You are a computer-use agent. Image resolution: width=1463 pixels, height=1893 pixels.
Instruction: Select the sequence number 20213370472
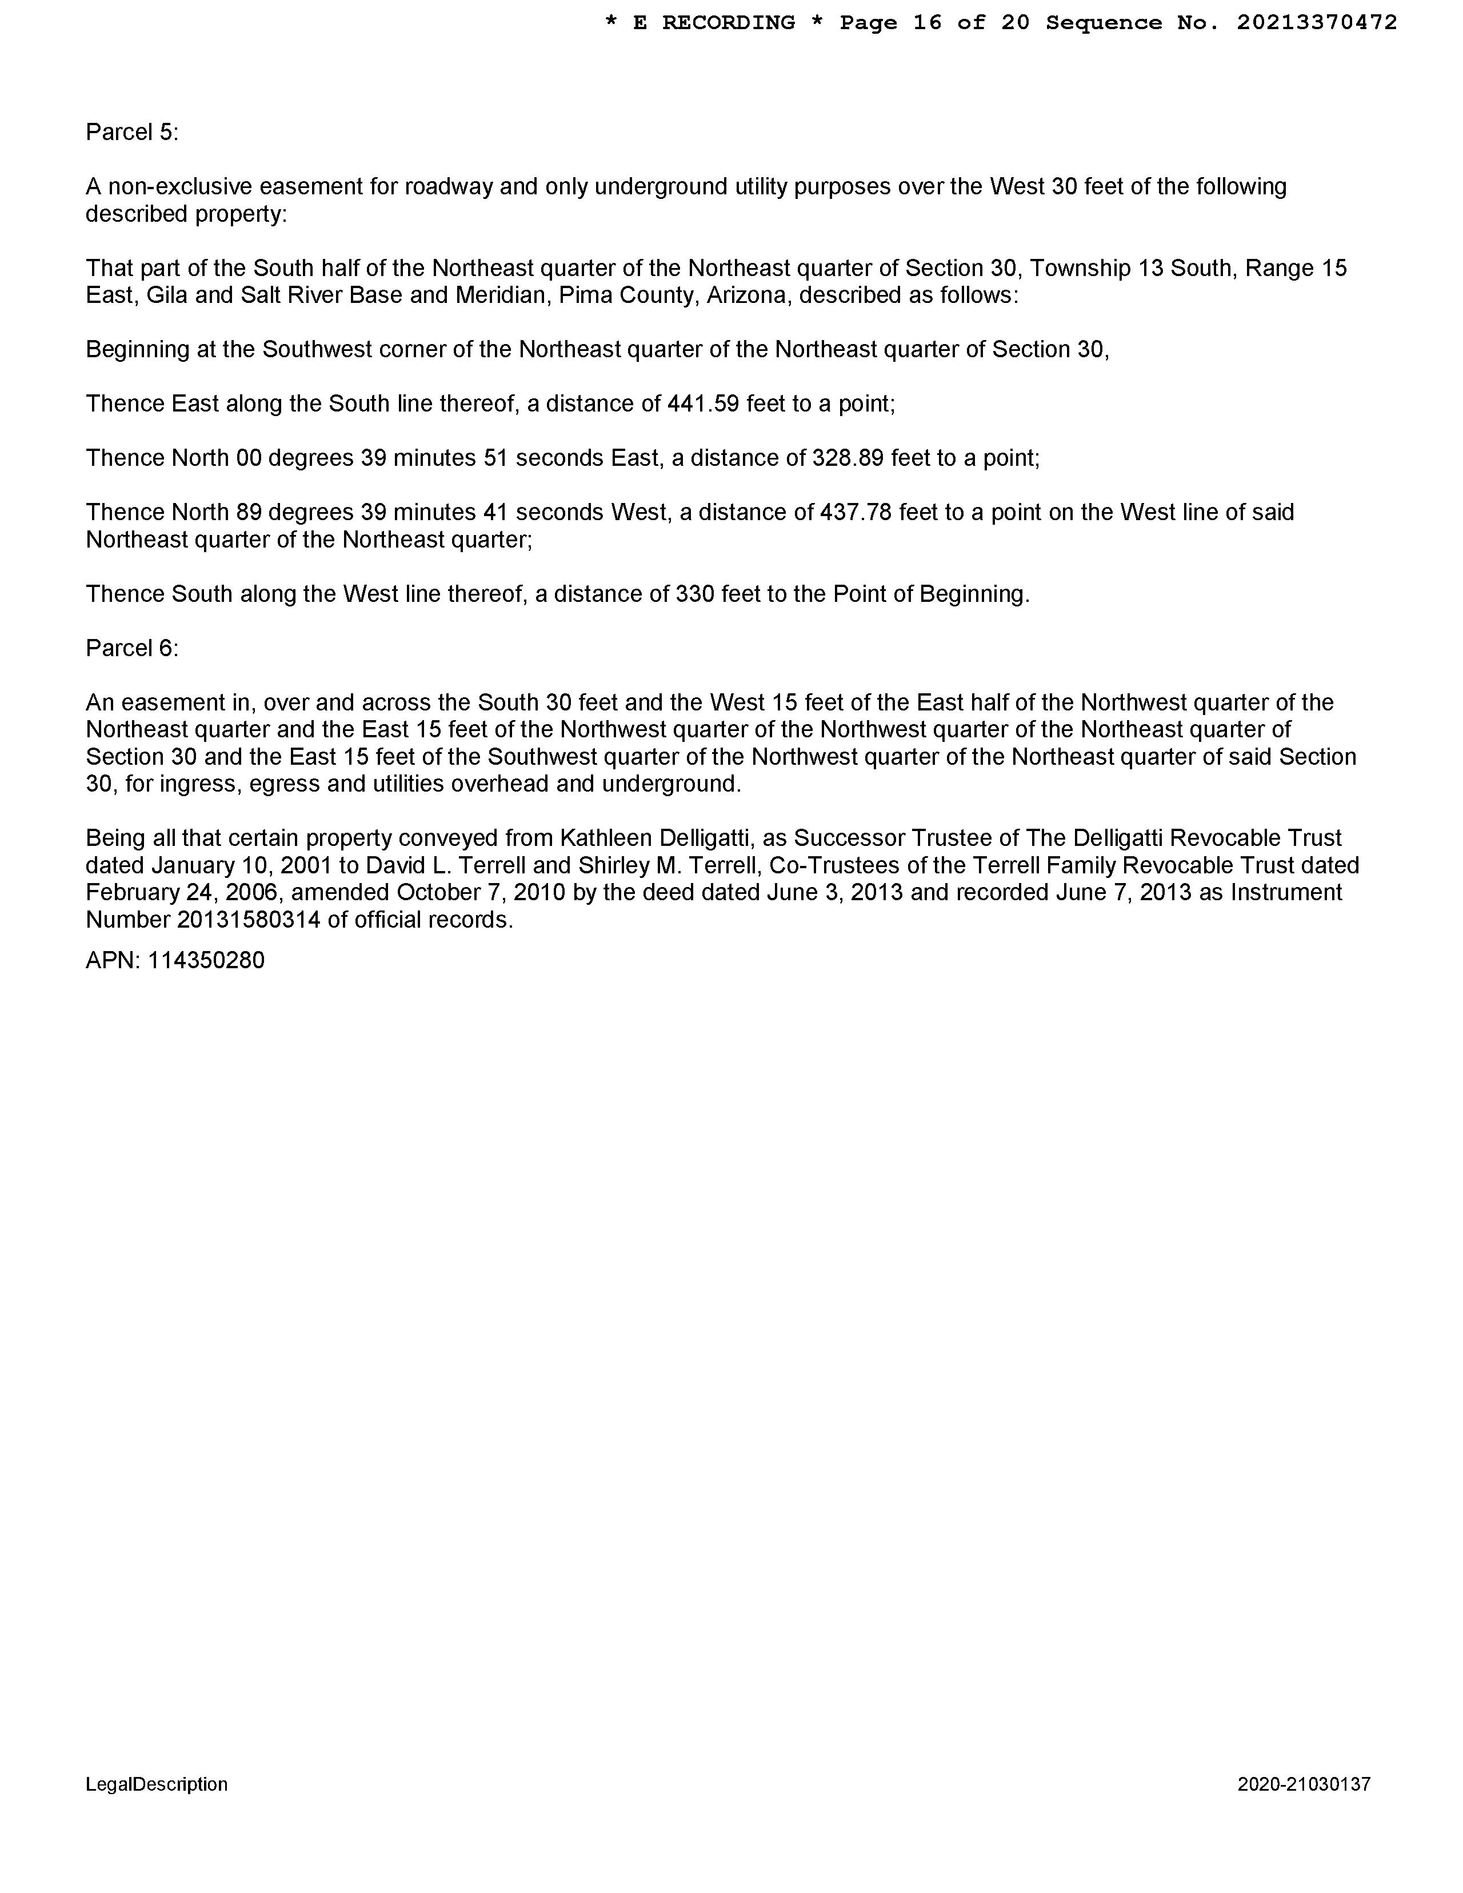click(1317, 22)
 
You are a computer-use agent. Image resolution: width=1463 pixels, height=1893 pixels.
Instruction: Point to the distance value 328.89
click(848, 458)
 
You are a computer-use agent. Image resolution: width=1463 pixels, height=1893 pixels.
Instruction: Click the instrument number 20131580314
click(248, 920)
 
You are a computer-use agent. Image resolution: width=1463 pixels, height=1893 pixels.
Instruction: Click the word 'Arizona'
click(745, 295)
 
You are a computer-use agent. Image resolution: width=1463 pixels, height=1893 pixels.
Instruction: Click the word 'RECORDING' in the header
click(728, 22)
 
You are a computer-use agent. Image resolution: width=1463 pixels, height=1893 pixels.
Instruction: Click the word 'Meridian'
click(498, 295)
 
